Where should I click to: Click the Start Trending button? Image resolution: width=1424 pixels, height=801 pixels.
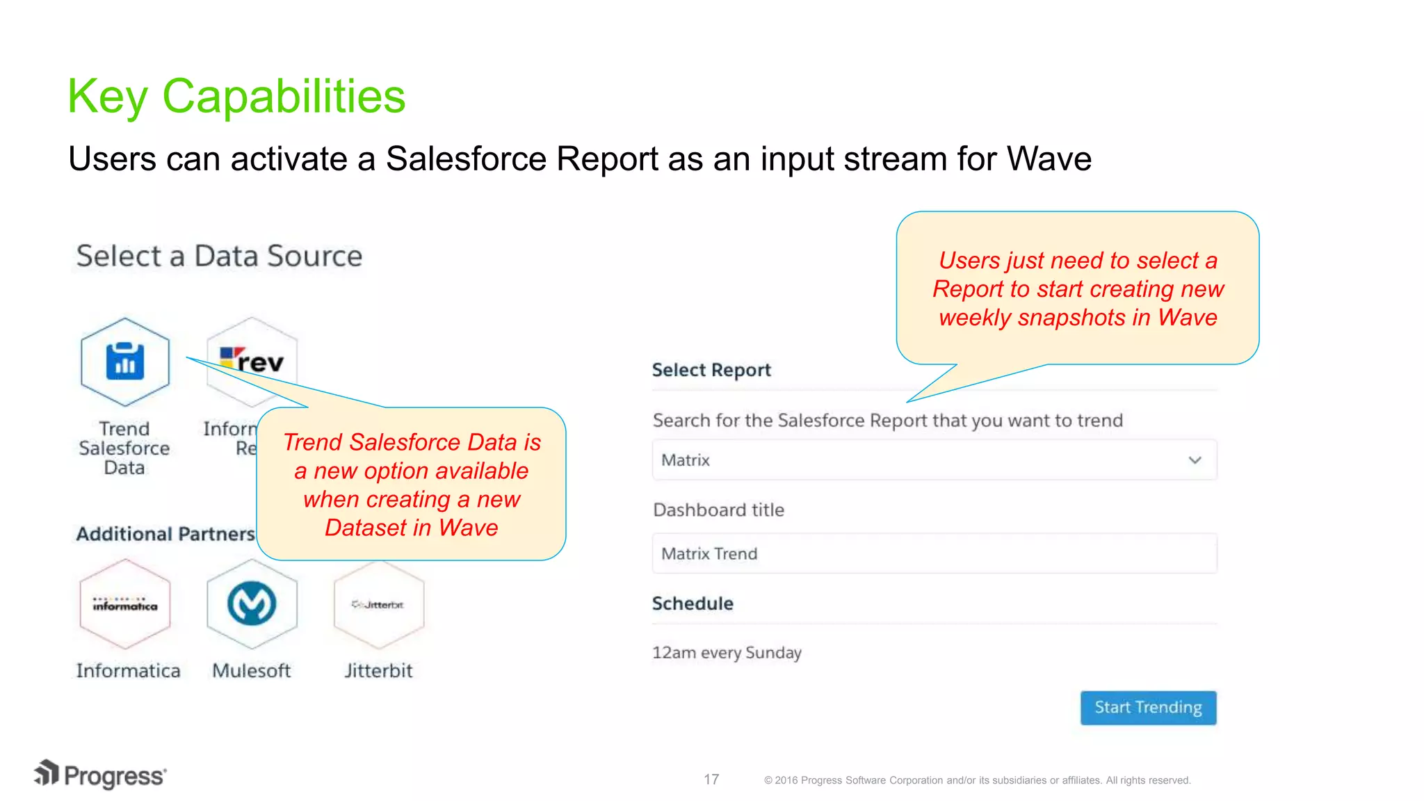[1148, 707]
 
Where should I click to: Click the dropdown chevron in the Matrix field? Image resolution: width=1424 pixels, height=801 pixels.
[1195, 460]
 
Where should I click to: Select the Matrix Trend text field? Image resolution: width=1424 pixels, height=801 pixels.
[934, 553]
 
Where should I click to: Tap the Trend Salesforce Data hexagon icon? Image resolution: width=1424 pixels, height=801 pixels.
[125, 362]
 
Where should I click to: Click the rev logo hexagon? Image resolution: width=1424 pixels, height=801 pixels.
[252, 361]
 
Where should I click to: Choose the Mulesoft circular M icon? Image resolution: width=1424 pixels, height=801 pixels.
[252, 604]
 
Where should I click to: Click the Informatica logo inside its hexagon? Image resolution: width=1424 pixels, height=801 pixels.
[125, 604]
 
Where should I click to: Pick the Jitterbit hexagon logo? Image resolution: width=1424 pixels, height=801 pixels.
[378, 604]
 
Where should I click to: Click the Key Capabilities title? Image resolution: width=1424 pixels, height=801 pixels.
[236, 96]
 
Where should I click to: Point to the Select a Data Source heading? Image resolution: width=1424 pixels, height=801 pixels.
[219, 256]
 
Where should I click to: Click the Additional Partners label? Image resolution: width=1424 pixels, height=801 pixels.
[165, 534]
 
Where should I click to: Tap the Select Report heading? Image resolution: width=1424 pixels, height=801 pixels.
[711, 370]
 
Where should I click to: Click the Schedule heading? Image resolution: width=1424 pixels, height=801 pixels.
[693, 604]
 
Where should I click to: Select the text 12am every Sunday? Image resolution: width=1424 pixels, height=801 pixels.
[727, 653]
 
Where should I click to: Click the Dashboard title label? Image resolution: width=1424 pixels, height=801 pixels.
[718, 510]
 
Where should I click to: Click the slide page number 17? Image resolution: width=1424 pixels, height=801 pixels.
[711, 779]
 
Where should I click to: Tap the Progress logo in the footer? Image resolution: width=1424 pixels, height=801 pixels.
[101, 775]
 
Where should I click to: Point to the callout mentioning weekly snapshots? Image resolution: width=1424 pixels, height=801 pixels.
[1077, 289]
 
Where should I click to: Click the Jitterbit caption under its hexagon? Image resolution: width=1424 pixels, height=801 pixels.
[378, 671]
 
